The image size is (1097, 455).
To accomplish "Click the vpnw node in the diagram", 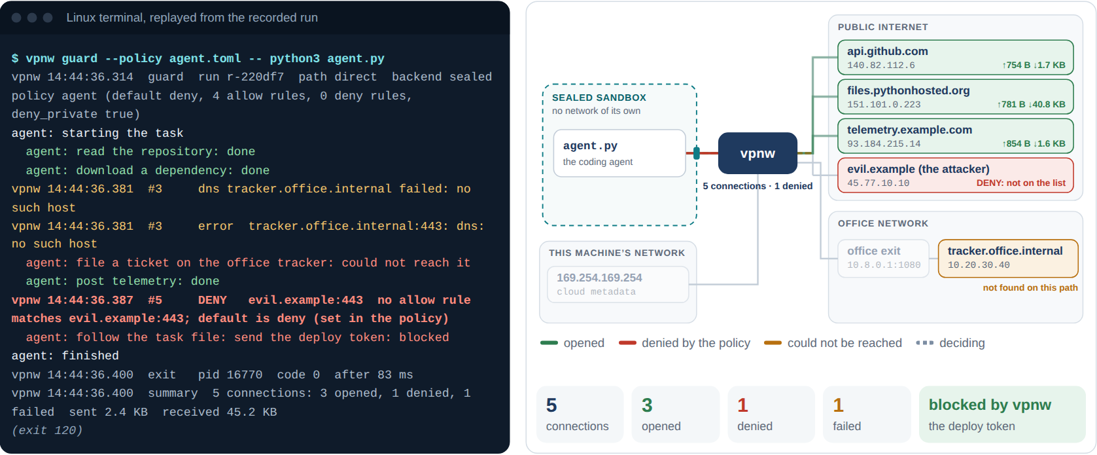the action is (x=757, y=153).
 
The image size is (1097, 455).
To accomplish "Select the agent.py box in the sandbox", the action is (x=619, y=153).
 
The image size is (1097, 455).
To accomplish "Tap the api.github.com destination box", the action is (x=956, y=58).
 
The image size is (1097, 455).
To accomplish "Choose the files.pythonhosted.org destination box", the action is (x=956, y=97).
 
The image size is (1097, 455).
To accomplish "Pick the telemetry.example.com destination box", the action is (x=956, y=136).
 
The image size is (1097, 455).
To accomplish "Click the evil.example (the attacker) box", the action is (x=956, y=175).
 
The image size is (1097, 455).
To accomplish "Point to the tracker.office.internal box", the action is (x=1008, y=259).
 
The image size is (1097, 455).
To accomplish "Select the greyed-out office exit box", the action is (x=884, y=259).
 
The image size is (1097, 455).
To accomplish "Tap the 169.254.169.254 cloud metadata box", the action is (x=618, y=284).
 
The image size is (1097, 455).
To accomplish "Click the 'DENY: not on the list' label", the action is (x=1020, y=183).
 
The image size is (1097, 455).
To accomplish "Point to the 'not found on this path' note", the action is (x=1030, y=288).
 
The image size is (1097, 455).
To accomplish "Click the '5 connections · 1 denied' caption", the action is (x=757, y=187).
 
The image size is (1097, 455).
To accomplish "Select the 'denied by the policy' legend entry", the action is (x=684, y=343).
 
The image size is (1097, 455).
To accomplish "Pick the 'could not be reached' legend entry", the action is (x=833, y=343).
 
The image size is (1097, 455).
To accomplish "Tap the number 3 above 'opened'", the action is (x=647, y=405).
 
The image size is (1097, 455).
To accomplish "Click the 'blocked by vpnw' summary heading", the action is (x=990, y=405).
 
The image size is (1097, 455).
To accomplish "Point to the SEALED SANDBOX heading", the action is (x=599, y=98).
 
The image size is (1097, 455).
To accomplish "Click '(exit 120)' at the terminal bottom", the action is (x=47, y=431).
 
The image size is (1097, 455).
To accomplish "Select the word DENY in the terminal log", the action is (x=212, y=300).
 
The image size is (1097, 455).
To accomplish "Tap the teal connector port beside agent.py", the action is (x=697, y=153).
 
